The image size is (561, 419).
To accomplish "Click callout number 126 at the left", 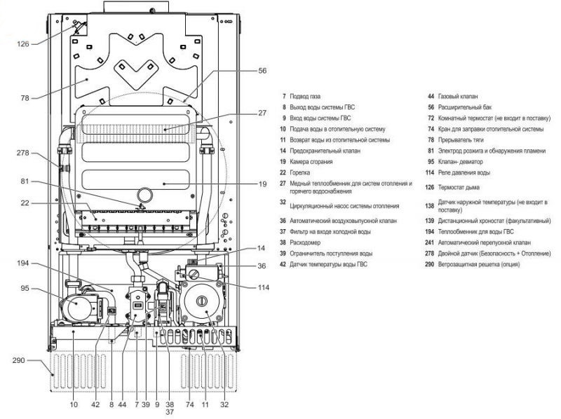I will (x=24, y=43).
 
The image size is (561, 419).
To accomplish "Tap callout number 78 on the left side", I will (x=25, y=98).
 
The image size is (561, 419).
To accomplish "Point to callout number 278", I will (x=23, y=152).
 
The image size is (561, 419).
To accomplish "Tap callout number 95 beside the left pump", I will (x=24, y=287).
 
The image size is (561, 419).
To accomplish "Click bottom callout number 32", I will (x=224, y=404).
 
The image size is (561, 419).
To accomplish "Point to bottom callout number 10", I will (x=74, y=404).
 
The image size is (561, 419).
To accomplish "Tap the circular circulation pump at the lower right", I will (x=203, y=303).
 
